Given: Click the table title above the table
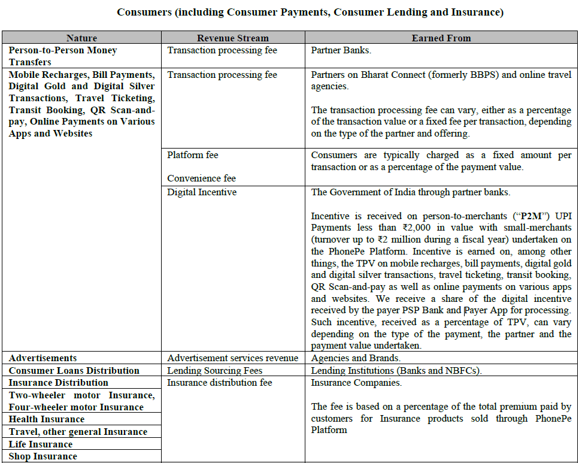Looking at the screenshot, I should [310, 12].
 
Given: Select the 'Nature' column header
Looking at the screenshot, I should [81, 38].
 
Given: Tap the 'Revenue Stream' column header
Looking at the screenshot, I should [233, 38].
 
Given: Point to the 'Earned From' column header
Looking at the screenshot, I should [441, 38].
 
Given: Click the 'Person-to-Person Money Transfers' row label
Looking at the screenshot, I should [63, 56].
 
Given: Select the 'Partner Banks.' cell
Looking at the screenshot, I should [341, 50].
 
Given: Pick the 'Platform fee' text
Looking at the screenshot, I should [193, 155].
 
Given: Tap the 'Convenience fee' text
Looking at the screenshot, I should [202, 178].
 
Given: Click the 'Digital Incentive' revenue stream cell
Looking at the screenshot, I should [202, 192].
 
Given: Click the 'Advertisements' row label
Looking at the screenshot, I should [43, 358].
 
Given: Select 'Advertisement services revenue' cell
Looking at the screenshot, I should [232, 358].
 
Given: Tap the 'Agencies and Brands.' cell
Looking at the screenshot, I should [356, 358].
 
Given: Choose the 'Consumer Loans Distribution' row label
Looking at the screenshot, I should [74, 371].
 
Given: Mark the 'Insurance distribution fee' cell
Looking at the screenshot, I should [220, 383].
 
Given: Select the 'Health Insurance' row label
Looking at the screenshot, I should [47, 419].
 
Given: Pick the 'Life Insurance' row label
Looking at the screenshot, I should [41, 444].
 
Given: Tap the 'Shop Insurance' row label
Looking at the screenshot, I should [43, 456].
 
